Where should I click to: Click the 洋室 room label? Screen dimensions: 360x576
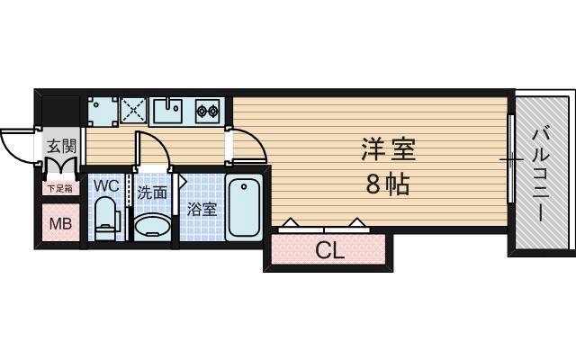(x=387, y=148)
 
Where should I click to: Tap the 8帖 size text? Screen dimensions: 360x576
(x=387, y=184)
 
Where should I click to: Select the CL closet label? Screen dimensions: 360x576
(x=329, y=251)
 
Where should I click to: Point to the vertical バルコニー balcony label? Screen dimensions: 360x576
(x=540, y=175)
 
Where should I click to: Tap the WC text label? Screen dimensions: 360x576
(x=106, y=186)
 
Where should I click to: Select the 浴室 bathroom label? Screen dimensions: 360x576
(x=202, y=210)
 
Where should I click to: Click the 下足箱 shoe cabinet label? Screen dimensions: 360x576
(x=59, y=189)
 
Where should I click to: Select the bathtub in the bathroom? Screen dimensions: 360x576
(x=244, y=208)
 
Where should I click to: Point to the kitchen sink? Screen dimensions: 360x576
(x=169, y=112)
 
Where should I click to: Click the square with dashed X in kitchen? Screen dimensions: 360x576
(x=133, y=112)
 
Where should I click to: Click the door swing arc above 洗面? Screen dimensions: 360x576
(x=153, y=149)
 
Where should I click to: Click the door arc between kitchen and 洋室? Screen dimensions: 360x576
(x=247, y=144)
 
